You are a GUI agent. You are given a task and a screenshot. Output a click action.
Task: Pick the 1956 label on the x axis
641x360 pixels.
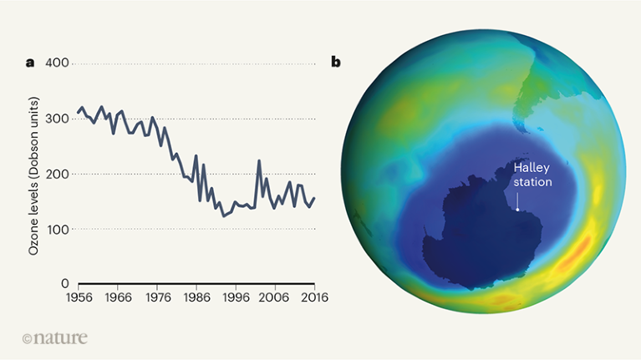(x=79, y=297)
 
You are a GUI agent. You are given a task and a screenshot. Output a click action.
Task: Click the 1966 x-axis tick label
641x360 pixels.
(x=119, y=297)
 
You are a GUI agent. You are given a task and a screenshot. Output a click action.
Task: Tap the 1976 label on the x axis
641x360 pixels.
(x=158, y=297)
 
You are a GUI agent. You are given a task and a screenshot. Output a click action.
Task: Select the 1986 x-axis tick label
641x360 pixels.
(x=197, y=297)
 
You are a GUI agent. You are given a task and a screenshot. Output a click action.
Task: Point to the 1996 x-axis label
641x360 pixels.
(x=237, y=297)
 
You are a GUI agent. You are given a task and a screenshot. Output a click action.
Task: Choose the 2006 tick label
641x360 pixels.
(x=276, y=297)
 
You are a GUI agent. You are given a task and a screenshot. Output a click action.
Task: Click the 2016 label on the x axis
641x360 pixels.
(x=314, y=297)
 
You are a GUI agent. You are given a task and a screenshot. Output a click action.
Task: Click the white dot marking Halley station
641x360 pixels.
(x=518, y=210)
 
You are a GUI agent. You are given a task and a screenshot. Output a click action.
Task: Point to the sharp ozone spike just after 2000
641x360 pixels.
(x=259, y=160)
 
